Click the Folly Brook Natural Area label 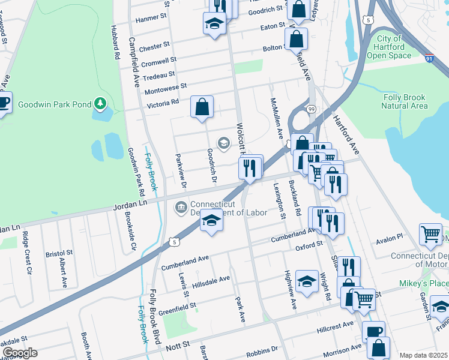pos(405,101)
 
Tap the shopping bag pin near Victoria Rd pos(202,108)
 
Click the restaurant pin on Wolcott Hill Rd pos(251,167)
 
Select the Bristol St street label pos(59,254)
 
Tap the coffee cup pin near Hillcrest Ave pos(373,331)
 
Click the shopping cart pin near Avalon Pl pos(430,235)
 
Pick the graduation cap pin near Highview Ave pos(307,282)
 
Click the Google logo pos(20,353)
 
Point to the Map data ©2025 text pos(423,355)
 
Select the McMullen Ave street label pos(276,118)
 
